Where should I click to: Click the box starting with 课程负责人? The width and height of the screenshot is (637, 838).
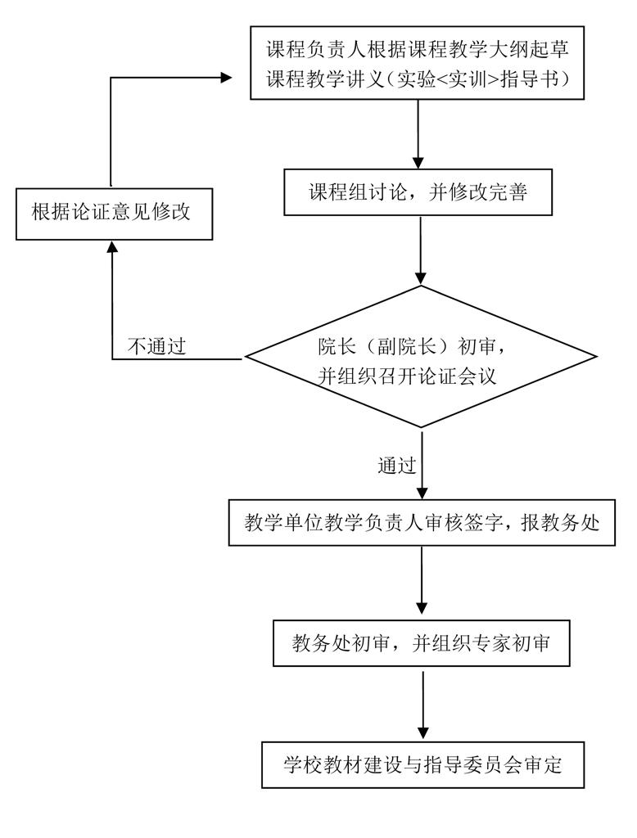418,63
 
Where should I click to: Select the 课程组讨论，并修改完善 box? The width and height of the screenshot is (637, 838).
418,192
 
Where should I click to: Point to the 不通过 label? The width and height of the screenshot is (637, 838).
156,347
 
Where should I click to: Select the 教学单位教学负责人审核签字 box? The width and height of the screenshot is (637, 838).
422,523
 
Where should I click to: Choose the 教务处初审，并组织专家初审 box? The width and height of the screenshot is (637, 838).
422,645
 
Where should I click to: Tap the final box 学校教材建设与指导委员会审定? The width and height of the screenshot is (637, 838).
422,765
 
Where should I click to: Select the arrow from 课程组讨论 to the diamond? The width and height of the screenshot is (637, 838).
421,249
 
